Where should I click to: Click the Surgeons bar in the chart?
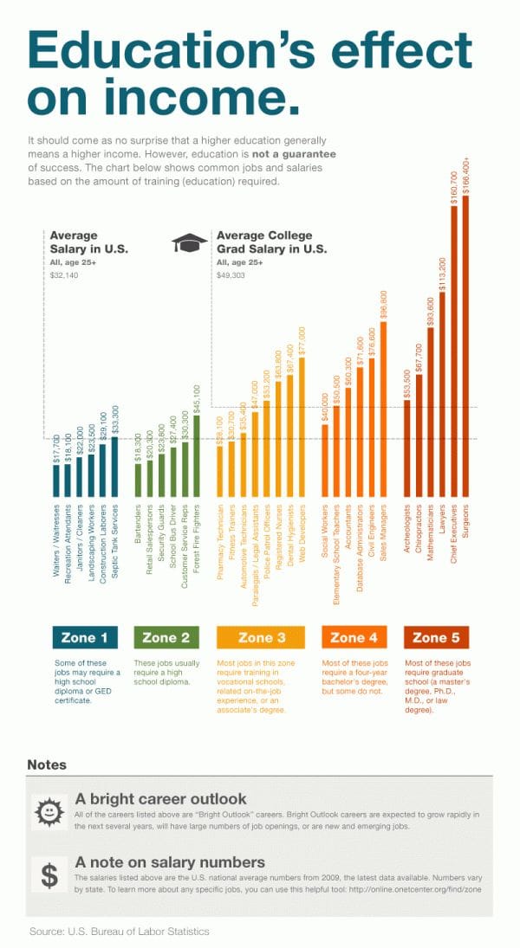465,346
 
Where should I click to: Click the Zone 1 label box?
84,638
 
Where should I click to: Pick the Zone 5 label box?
436,638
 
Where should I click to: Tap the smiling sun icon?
49,812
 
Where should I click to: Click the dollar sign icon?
49,875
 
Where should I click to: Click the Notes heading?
47,764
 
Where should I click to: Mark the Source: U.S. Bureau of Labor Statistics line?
119,931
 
